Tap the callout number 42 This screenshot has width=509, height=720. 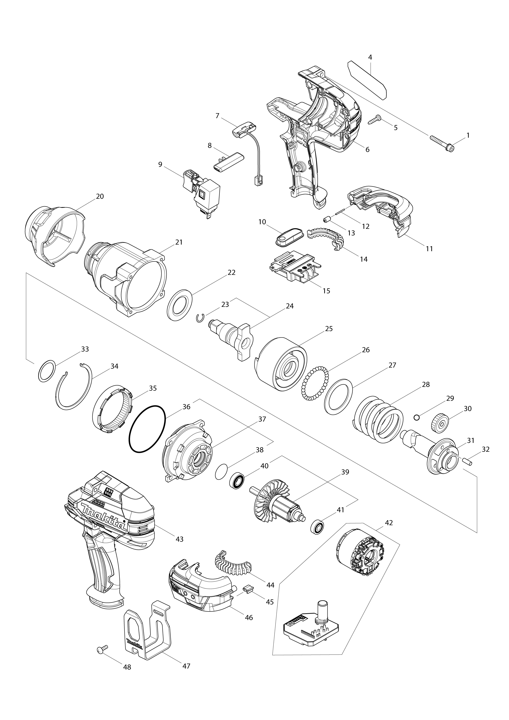click(389, 523)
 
